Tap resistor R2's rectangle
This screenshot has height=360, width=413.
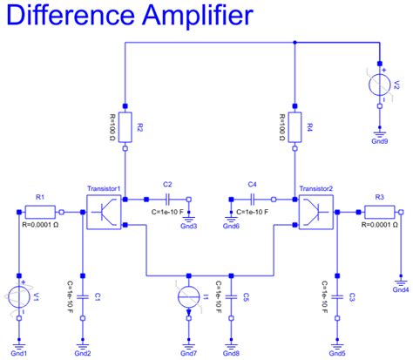pyautogui.click(x=127, y=127)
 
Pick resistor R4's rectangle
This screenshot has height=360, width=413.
pyautogui.click(x=295, y=127)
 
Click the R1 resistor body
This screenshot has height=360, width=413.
pyautogui.click(x=39, y=211)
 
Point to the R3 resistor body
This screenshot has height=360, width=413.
pyautogui.click(x=381, y=211)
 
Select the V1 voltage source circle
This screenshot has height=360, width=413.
pyautogui.click(x=19, y=296)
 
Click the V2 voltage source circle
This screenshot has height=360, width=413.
pyautogui.click(x=380, y=85)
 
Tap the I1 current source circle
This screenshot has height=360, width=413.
pyautogui.click(x=188, y=296)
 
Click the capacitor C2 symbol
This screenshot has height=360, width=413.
pyautogui.click(x=167, y=199)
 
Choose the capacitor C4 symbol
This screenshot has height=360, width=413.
pyautogui.click(x=253, y=199)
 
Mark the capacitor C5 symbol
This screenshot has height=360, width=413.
pyautogui.click(x=231, y=295)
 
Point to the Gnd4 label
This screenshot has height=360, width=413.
pyautogui.click(x=402, y=289)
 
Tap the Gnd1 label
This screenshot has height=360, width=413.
pyautogui.click(x=21, y=351)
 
